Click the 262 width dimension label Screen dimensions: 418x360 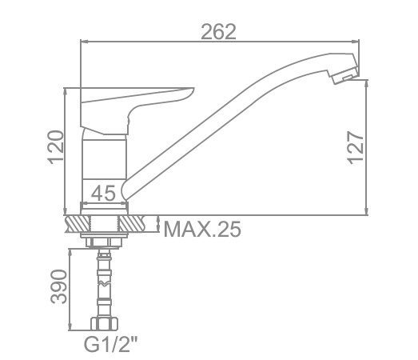(x=218, y=32)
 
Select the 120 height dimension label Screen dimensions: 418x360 (x=56, y=147)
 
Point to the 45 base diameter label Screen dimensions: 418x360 (x=103, y=193)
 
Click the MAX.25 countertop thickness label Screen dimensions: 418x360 (x=202, y=229)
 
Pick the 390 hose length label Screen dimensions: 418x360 (x=58, y=286)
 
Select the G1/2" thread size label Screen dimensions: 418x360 (x=110, y=344)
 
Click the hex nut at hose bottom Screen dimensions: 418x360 (x=105, y=323)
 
